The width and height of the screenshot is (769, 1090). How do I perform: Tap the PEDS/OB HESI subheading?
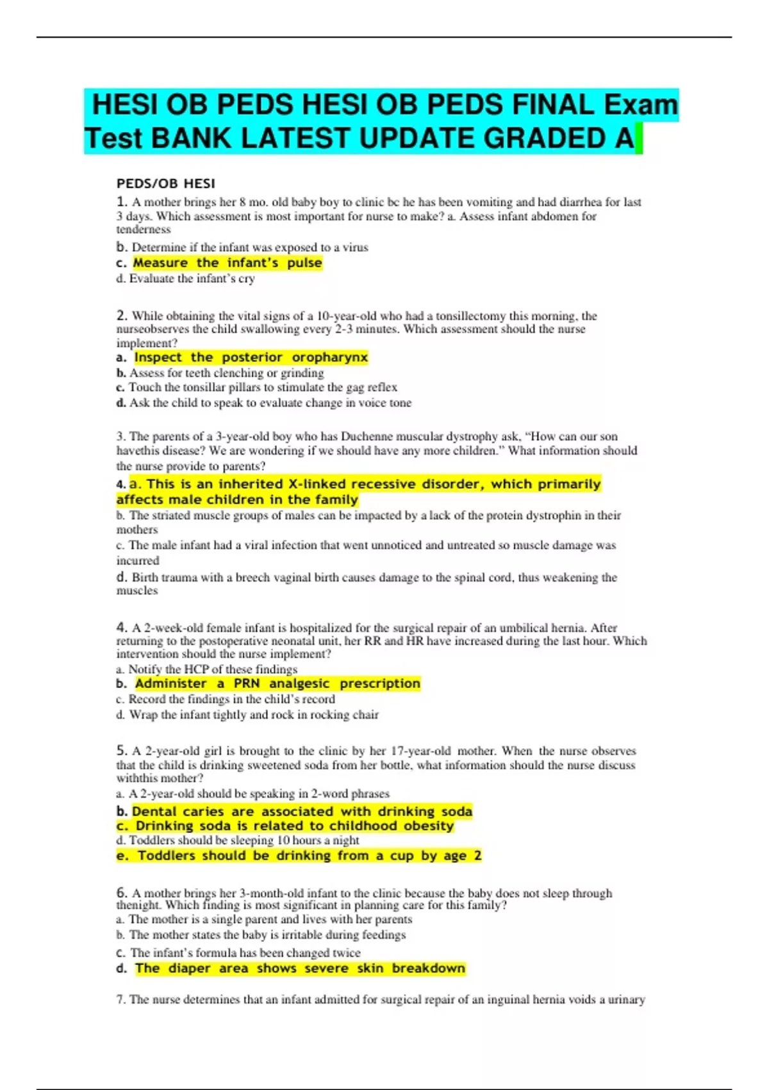point(165,184)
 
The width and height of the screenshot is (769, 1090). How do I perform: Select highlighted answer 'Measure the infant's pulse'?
point(227,263)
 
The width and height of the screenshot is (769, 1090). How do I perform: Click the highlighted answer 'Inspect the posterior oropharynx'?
point(251,357)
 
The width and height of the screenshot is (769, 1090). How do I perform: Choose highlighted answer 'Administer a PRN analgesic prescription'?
point(277,683)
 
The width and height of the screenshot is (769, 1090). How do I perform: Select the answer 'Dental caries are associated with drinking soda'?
point(301,811)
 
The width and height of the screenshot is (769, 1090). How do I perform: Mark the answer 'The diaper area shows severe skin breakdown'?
point(299,968)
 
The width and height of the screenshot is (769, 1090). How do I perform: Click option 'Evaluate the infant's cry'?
point(192,279)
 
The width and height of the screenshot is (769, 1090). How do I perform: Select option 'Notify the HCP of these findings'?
point(212,669)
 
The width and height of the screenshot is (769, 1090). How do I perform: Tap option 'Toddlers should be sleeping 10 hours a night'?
point(244,840)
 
